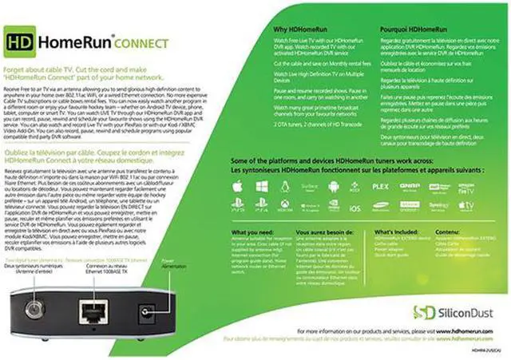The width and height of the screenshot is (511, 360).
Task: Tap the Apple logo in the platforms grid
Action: tap(239, 186)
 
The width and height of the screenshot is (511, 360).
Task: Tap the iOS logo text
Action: tap(355, 208)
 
